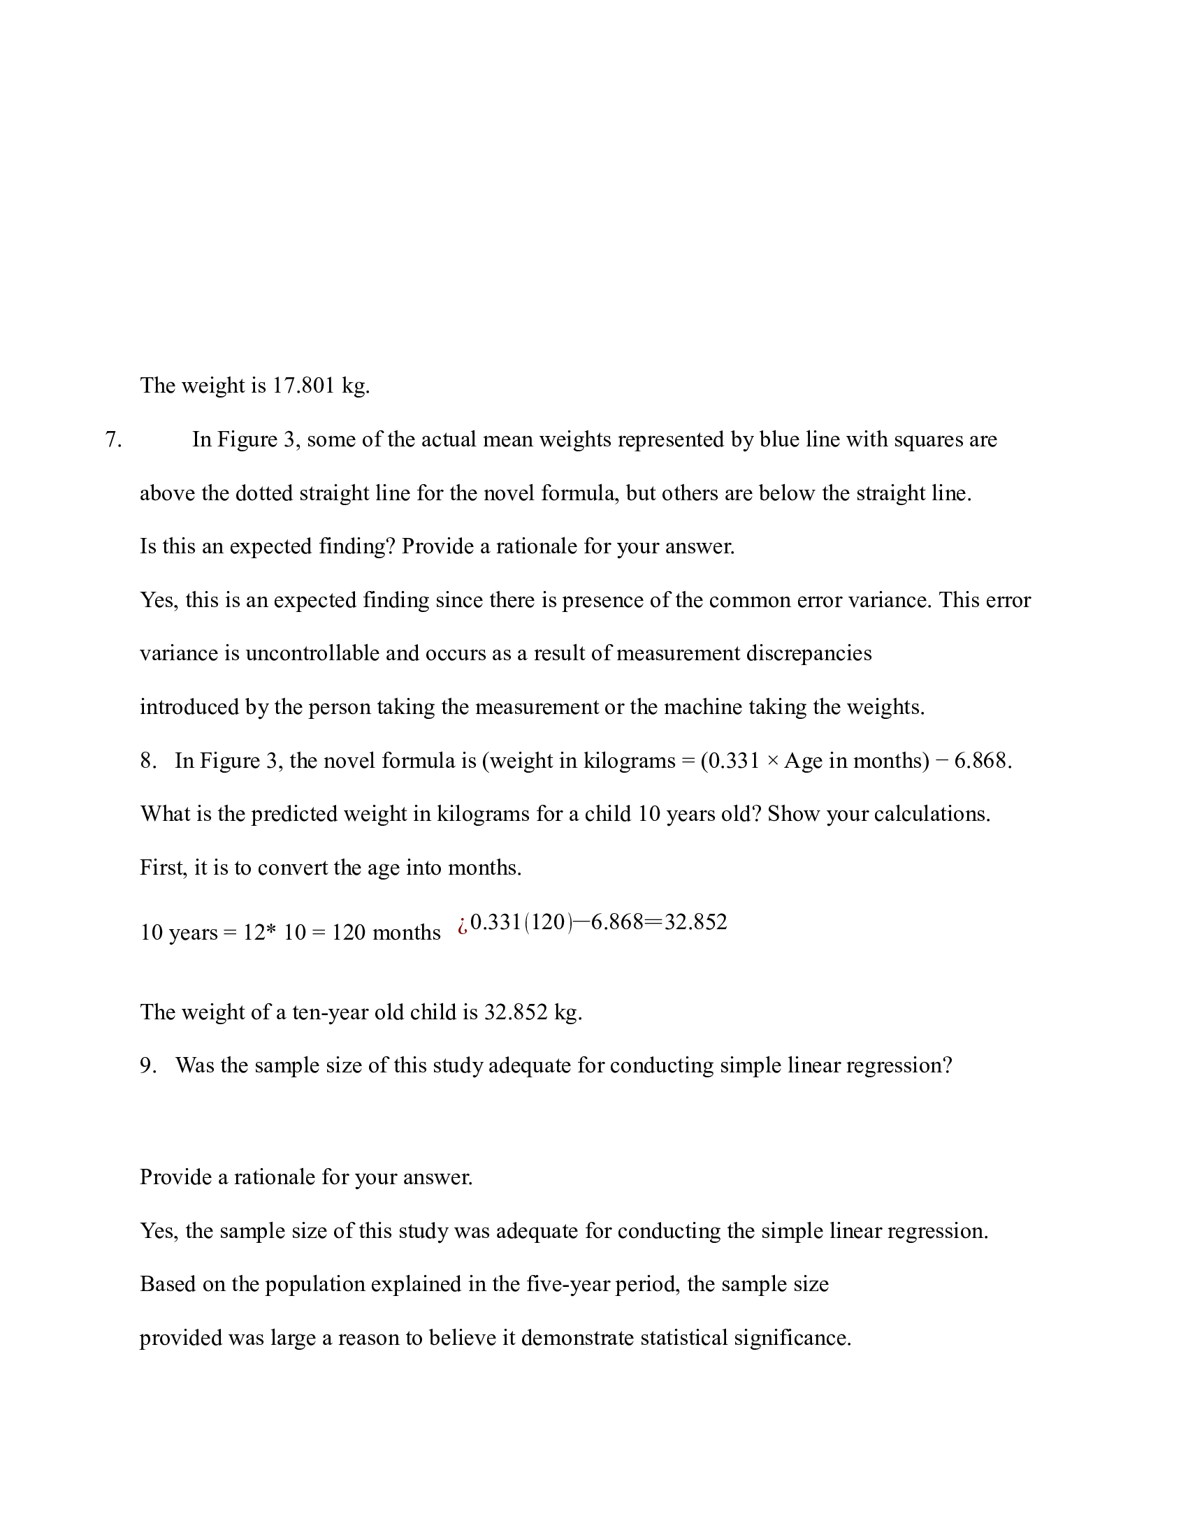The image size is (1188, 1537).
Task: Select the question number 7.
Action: [x=113, y=440]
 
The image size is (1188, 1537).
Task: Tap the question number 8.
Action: [x=147, y=761]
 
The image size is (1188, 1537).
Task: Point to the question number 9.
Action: [x=147, y=1065]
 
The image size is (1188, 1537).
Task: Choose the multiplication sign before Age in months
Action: [x=772, y=762]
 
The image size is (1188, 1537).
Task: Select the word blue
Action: [x=779, y=440]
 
